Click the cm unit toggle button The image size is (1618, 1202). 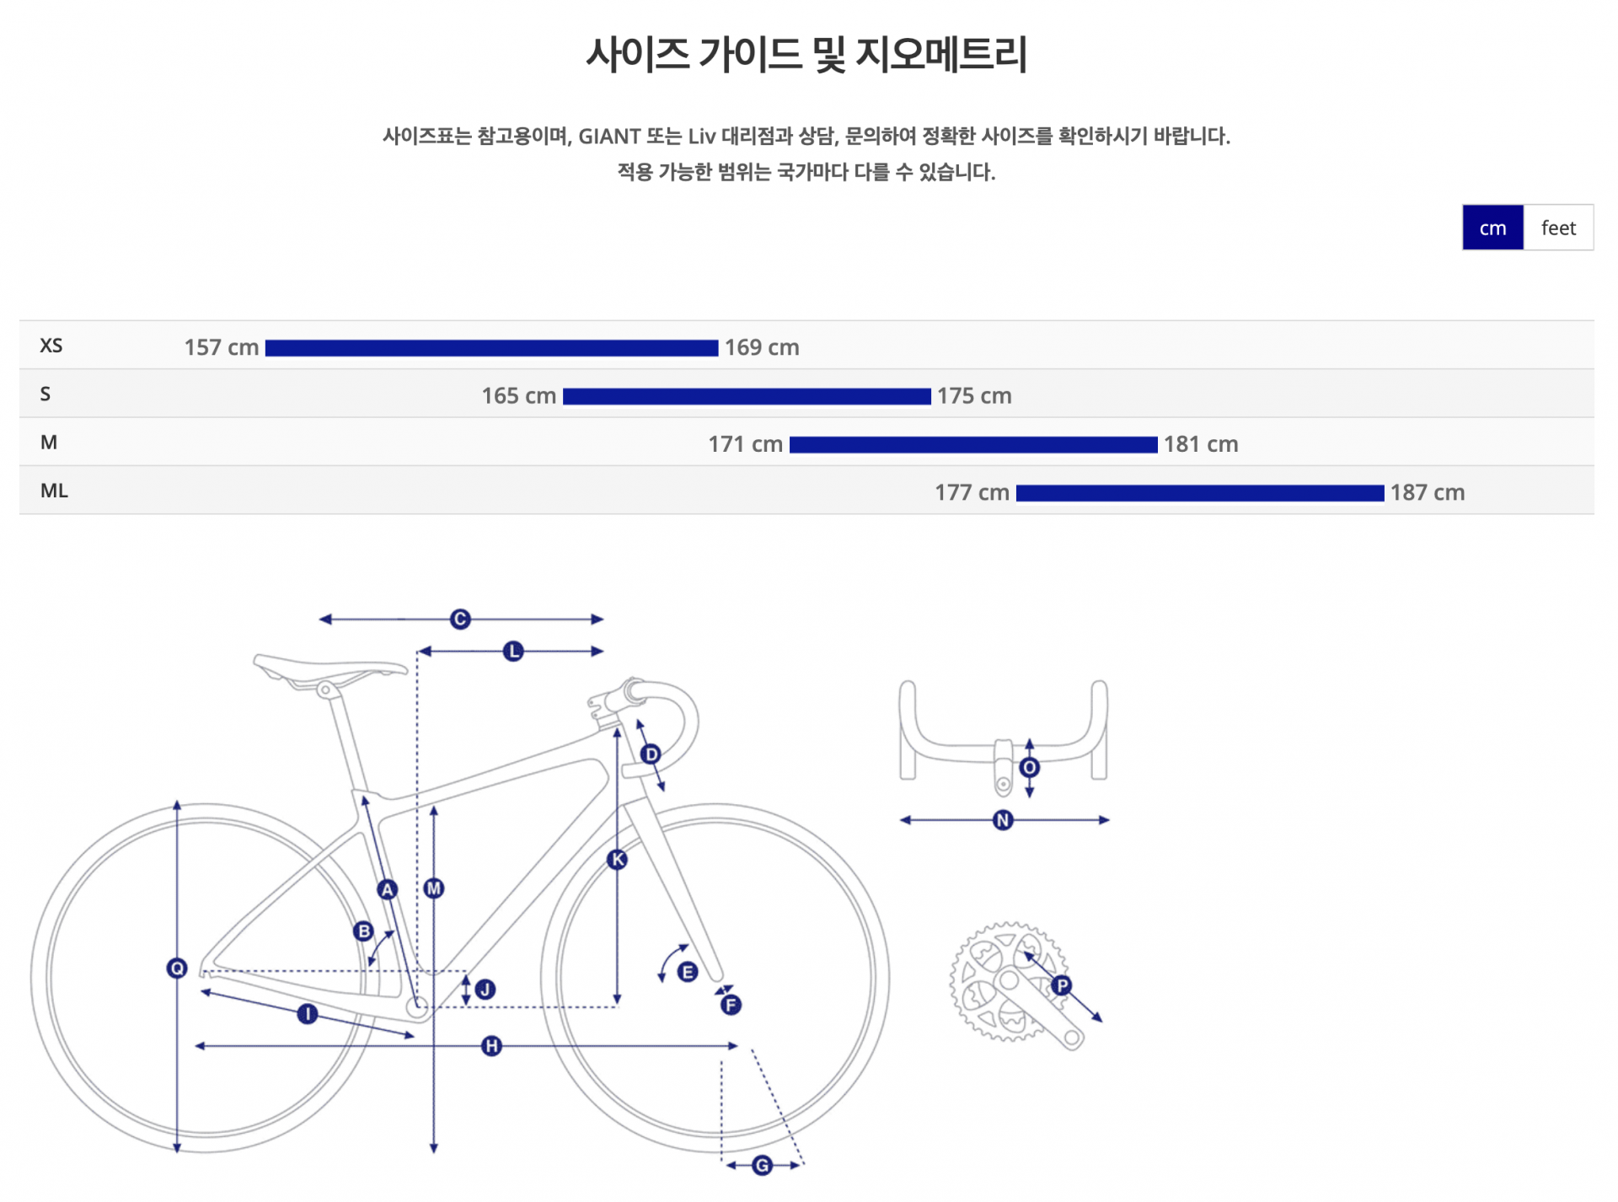tap(1492, 228)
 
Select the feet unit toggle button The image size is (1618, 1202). tap(1558, 228)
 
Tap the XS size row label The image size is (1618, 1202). tap(51, 346)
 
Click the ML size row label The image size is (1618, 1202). tap(54, 491)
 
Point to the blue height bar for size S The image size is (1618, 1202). tap(747, 396)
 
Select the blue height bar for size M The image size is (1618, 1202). tap(973, 445)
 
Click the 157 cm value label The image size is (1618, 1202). tap(222, 347)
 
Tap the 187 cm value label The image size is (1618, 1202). tap(1428, 492)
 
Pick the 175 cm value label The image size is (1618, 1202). tap(974, 395)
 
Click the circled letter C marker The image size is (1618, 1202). tap(460, 620)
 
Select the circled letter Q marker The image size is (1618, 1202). tap(177, 968)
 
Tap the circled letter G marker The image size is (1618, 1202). tap(762, 1165)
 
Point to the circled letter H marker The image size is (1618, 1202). tap(491, 1046)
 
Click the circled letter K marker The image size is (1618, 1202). tap(618, 860)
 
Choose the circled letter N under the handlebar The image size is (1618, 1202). tap(1003, 820)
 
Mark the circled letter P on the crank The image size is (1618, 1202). tap(1062, 985)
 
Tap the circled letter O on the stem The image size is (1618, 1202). tap(1029, 767)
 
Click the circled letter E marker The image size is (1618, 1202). tap(688, 972)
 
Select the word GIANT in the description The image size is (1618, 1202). tap(609, 137)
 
